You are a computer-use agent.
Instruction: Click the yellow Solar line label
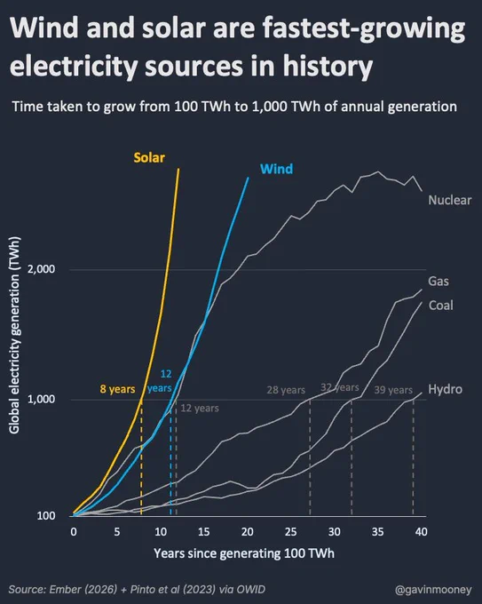tap(149, 157)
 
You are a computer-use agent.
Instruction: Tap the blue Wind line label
tap(276, 169)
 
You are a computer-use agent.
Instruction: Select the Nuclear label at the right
tap(450, 200)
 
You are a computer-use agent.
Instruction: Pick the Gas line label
tap(439, 282)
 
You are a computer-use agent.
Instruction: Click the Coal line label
tap(441, 306)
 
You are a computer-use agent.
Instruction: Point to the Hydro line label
tap(445, 389)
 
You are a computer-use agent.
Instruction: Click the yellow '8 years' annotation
tap(117, 389)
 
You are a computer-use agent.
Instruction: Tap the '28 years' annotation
tap(286, 390)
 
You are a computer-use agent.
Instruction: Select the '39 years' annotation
tap(393, 390)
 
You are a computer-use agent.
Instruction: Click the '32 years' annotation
tap(340, 387)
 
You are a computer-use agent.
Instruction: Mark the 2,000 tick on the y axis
tap(41, 269)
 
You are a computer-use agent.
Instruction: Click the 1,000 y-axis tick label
tap(41, 399)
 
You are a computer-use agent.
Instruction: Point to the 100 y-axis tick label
tap(46, 516)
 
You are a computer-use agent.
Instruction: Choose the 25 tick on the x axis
tap(290, 532)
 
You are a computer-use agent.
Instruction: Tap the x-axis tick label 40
tap(421, 532)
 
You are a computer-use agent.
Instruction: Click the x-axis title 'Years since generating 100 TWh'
tap(244, 553)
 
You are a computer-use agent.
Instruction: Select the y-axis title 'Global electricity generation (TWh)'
tap(14, 335)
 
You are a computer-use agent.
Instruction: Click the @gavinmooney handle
tap(433, 590)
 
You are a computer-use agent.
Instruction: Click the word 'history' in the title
tap(328, 67)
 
